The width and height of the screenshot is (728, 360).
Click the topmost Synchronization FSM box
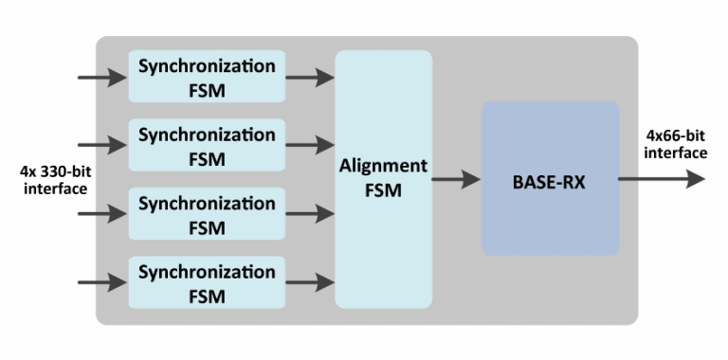(x=207, y=77)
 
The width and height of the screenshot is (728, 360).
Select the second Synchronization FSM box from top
(x=207, y=145)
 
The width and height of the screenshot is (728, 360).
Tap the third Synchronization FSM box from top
(x=207, y=214)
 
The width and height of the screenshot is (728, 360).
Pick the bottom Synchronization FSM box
(x=207, y=282)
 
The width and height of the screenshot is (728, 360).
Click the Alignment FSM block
(x=383, y=179)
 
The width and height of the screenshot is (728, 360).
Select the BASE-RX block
(x=550, y=179)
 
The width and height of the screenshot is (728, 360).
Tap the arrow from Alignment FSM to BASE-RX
(x=456, y=179)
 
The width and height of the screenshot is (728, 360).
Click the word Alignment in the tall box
(x=383, y=166)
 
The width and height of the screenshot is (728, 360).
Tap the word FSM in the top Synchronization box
(x=207, y=90)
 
